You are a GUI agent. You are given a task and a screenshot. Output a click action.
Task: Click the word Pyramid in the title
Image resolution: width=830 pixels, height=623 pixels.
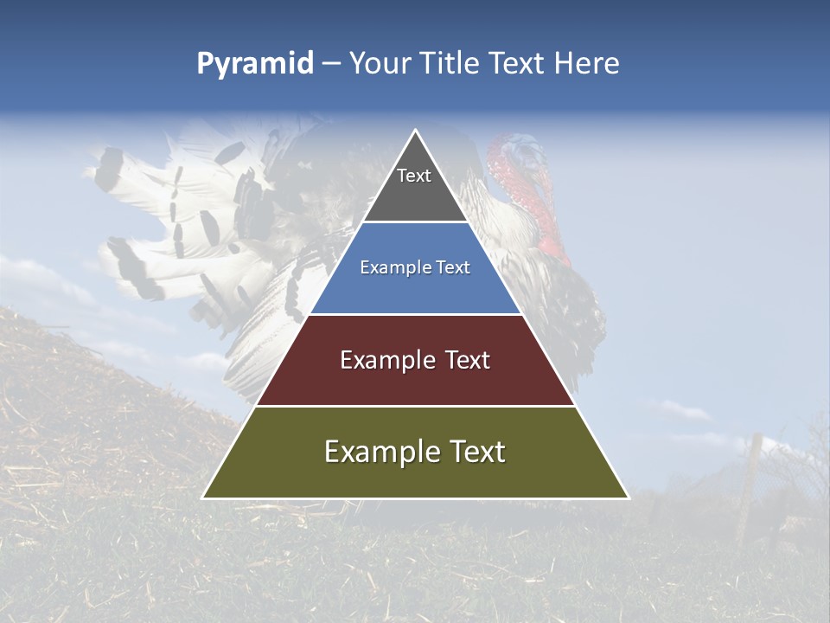tap(255, 64)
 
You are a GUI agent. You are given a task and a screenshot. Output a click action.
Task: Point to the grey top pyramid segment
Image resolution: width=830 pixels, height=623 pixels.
tap(415, 195)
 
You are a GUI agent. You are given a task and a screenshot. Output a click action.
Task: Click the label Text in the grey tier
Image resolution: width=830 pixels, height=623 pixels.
tap(414, 176)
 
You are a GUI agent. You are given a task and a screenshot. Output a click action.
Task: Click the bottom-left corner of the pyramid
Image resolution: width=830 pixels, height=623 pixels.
tap(203, 498)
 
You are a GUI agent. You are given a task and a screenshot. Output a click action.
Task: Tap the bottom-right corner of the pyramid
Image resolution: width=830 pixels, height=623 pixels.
tap(628, 498)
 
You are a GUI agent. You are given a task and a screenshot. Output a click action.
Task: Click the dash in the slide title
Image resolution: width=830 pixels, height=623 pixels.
tap(331, 64)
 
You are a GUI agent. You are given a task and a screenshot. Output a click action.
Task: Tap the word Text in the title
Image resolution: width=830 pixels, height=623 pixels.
tap(520, 64)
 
